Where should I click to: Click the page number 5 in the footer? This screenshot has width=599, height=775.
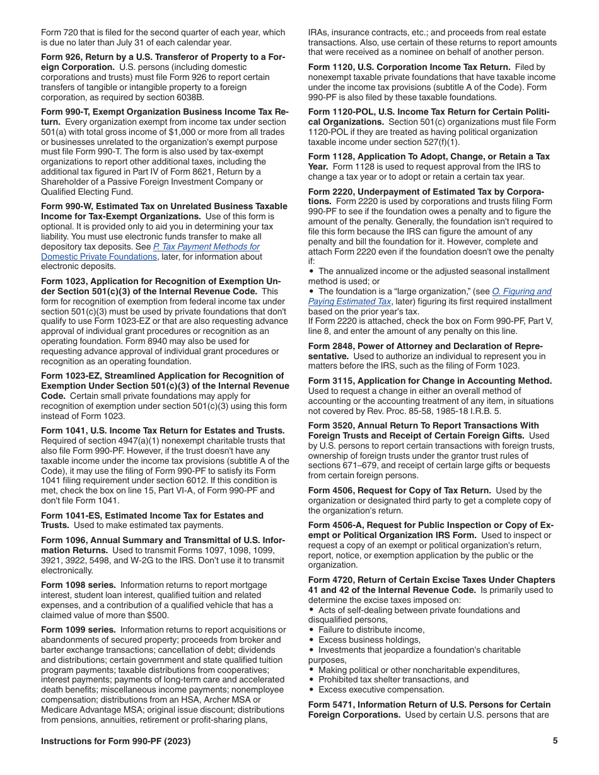pos(555,741)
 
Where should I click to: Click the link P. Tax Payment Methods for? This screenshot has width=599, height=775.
pos(207,247)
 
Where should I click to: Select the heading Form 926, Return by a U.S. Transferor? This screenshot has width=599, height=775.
pos(163,57)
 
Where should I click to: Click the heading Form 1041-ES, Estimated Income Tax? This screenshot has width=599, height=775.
pos(152,515)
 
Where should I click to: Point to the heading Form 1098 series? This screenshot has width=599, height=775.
pos(78,585)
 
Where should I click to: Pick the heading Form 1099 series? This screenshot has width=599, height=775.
pos(78,629)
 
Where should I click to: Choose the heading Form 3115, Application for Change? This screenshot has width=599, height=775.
pos(430,381)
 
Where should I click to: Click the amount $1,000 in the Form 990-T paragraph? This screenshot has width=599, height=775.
pos(177,132)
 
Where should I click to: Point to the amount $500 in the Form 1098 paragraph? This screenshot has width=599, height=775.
pos(156,615)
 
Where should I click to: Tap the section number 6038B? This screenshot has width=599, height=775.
pos(187,97)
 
